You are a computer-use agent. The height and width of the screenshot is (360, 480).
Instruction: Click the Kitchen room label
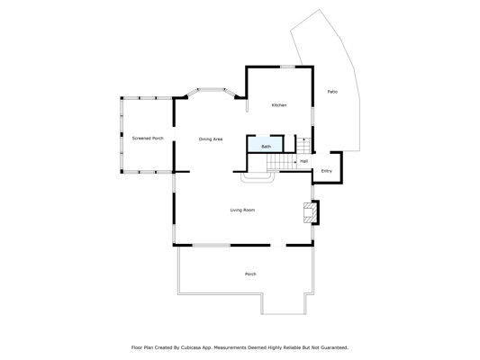pyautogui.click(x=279, y=105)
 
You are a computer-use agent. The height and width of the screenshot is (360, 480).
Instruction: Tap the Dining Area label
pyautogui.click(x=211, y=139)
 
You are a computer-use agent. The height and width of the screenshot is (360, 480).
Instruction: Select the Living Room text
pyautogui.click(x=242, y=210)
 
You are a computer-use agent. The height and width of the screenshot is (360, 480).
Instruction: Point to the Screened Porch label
pyautogui.click(x=148, y=139)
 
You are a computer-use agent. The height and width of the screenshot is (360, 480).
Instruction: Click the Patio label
pyautogui.click(x=332, y=92)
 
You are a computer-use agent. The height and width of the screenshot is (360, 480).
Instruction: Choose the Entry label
pyautogui.click(x=327, y=171)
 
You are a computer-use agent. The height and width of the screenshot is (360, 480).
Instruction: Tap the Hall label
pyautogui.click(x=304, y=161)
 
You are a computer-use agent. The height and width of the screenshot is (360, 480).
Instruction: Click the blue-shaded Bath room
pyautogui.click(x=265, y=144)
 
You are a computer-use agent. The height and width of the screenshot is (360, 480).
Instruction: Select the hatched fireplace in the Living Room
pyautogui.click(x=310, y=212)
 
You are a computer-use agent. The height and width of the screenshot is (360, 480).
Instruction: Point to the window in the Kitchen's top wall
pyautogui.click(x=288, y=67)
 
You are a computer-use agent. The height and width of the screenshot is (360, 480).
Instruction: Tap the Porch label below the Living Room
pyautogui.click(x=250, y=274)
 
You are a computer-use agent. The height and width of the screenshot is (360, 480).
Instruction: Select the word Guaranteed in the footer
pyautogui.click(x=334, y=347)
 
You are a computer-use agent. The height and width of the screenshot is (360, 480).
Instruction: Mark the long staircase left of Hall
pyautogui.click(x=282, y=161)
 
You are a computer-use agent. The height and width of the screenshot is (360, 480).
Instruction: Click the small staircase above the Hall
pyautogui.click(x=303, y=145)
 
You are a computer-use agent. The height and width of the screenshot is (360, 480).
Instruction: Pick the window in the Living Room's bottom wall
pyautogui.click(x=212, y=246)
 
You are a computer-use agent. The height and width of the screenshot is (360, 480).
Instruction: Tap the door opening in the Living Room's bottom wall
pyautogui.click(x=278, y=246)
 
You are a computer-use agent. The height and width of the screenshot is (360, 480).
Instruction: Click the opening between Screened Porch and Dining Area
pyautogui.click(x=174, y=134)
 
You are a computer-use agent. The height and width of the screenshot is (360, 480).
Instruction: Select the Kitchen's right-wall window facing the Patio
pyautogui.click(x=312, y=116)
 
